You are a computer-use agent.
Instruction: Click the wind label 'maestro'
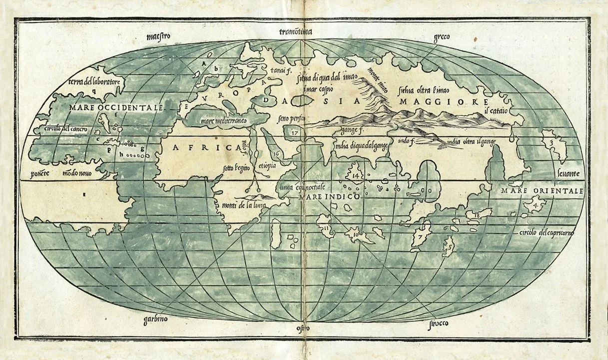(159, 36)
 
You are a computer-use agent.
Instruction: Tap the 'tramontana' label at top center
(296, 32)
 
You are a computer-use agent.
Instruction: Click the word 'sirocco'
(438, 323)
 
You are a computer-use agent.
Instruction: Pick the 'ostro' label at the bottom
(303, 328)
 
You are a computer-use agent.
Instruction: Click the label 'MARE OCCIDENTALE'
(116, 108)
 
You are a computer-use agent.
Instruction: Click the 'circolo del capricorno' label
(547, 233)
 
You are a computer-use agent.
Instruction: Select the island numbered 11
(326, 228)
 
